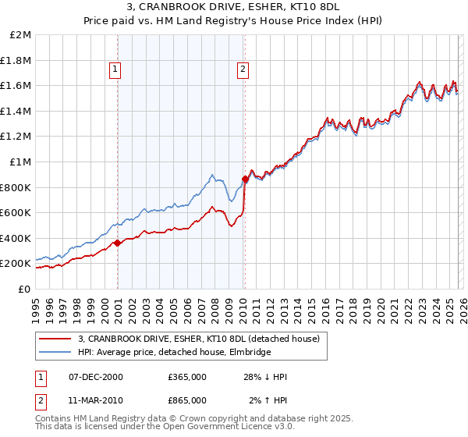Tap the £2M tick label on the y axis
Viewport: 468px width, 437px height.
pyautogui.click(x=21, y=35)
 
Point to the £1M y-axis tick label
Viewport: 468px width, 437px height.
pyautogui.click(x=21, y=162)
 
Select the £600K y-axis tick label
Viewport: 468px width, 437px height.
pyautogui.click(x=16, y=212)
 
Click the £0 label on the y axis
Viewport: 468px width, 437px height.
pyautogui.click(x=25, y=289)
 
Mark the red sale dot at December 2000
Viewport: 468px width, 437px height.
pyautogui.click(x=117, y=243)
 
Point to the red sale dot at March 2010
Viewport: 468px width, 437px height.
pyautogui.click(x=245, y=179)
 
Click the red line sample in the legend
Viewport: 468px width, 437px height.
pyautogui.click(x=55, y=339)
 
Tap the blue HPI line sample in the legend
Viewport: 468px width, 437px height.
pyautogui.click(x=55, y=353)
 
